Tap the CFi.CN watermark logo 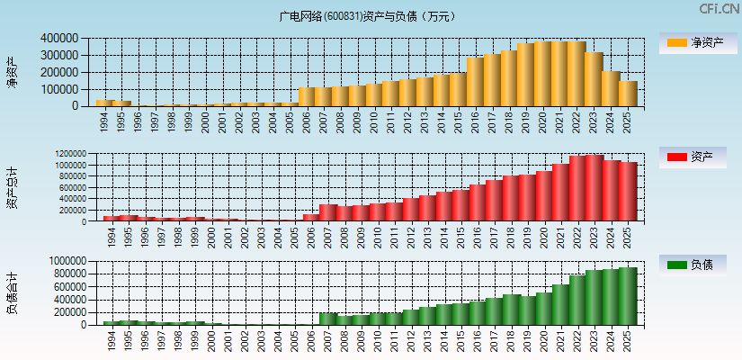point(719,9)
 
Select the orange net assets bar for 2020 point(542,74)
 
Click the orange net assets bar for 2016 point(475,82)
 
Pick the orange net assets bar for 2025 point(627,94)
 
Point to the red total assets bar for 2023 point(594,188)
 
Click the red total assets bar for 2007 point(328,213)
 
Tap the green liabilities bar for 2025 point(627,296)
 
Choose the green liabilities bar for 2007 point(328,319)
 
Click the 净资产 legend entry point(698,42)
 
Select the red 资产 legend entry point(698,157)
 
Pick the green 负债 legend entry point(698,265)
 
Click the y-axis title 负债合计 point(13,293)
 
